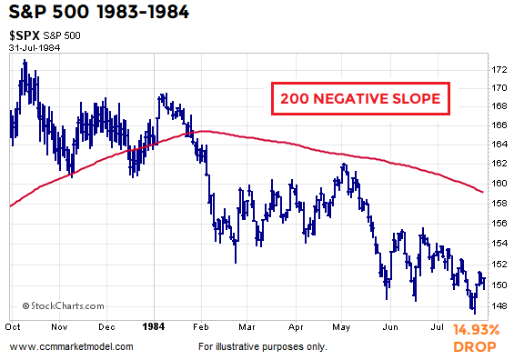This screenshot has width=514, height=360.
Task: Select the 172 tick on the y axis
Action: [499, 69]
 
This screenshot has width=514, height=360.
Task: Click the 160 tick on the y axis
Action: [499, 183]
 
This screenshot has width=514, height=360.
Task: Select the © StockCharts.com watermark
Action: [56, 306]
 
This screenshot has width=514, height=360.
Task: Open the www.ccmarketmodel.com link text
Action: [71, 347]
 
